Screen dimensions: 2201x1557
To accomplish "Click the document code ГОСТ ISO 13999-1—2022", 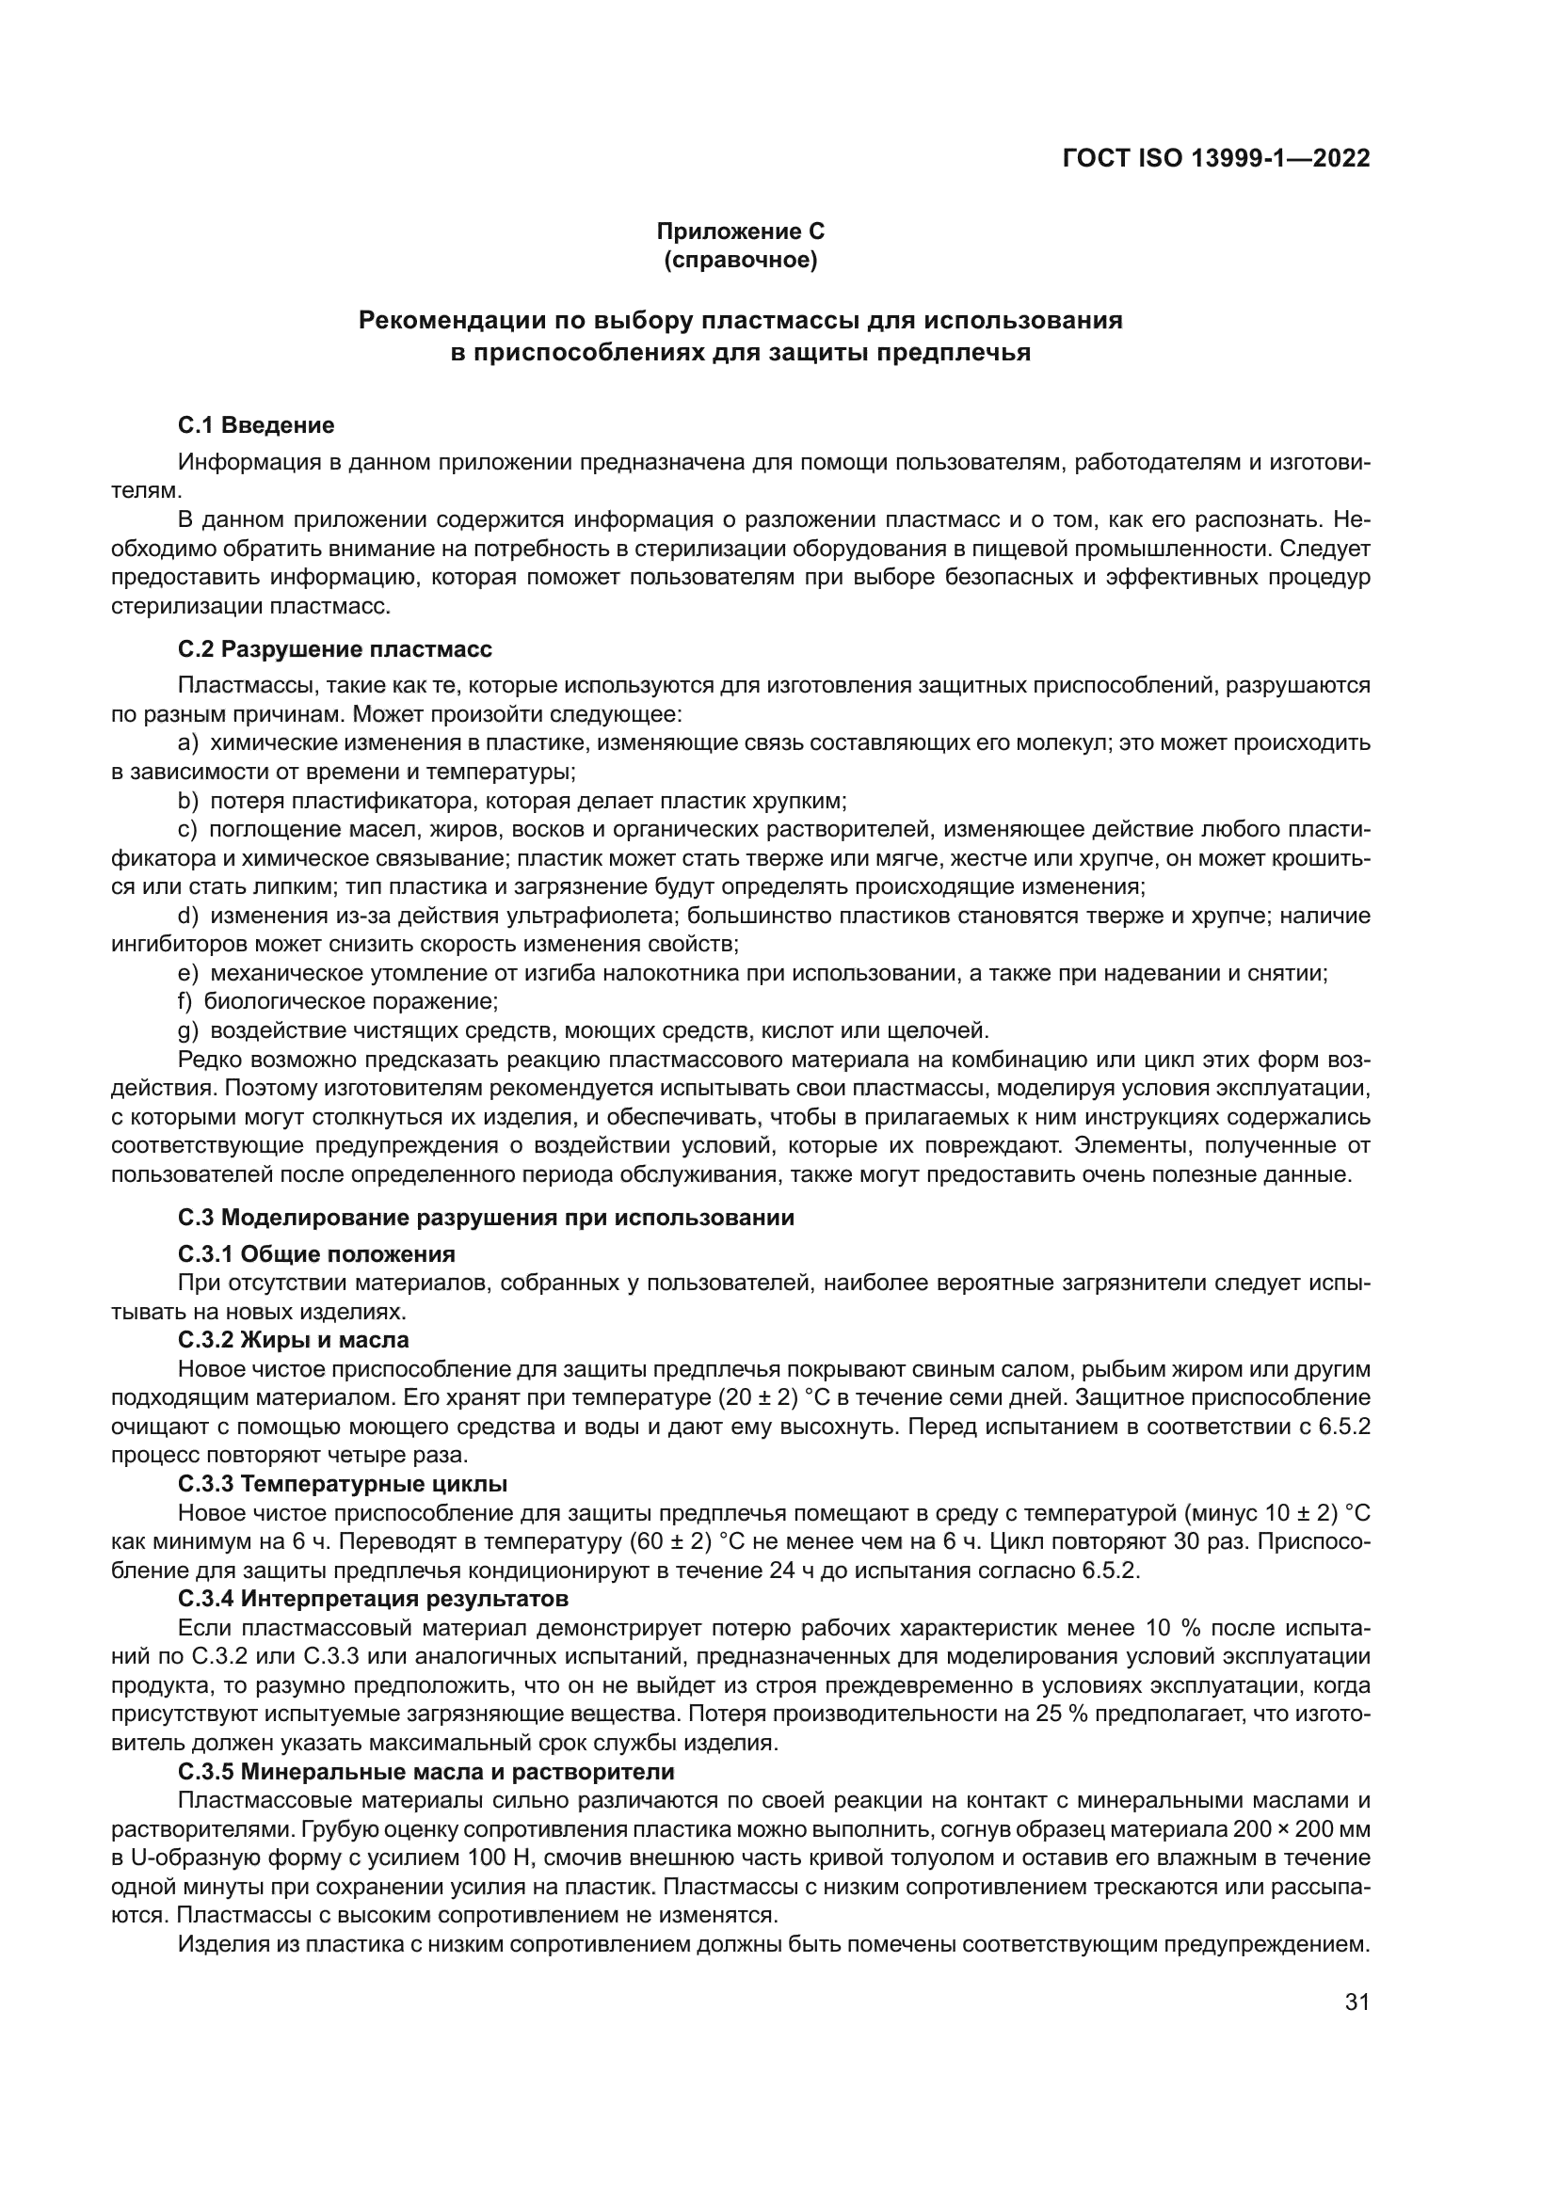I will (1215, 158).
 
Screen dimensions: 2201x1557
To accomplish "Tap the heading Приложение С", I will (740, 231).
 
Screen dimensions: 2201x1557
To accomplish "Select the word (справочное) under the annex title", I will (740, 261).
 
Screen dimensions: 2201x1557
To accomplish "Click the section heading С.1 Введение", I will (256, 424).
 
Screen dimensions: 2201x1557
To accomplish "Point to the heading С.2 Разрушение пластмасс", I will (334, 649).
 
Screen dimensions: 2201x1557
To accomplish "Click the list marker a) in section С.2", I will (188, 742).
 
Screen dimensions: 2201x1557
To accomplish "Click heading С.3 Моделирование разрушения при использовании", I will (486, 1218).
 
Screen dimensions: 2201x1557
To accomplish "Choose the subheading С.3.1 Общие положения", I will (316, 1253).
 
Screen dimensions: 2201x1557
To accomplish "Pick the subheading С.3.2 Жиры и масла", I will (294, 1339).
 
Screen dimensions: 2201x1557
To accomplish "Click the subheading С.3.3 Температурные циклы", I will (343, 1484).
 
